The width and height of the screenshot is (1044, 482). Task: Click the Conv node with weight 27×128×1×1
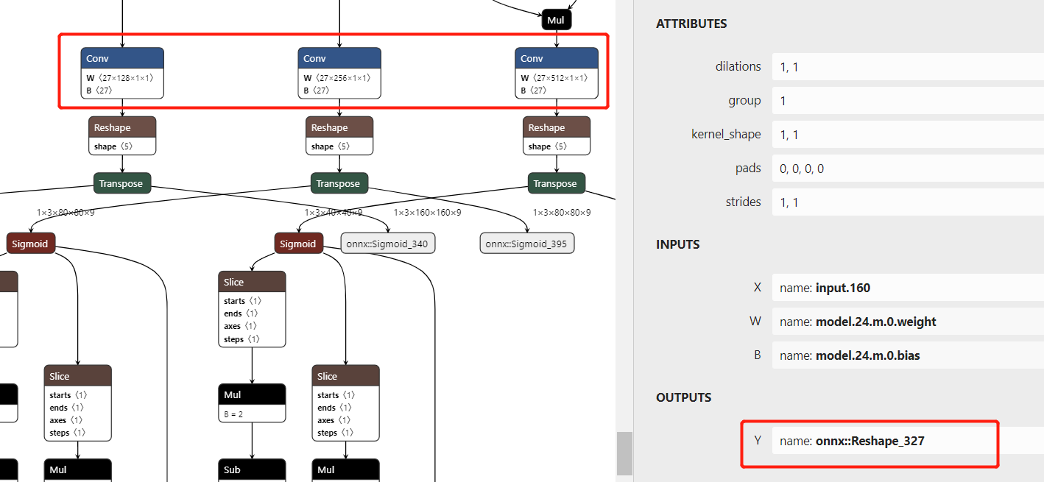tap(122, 73)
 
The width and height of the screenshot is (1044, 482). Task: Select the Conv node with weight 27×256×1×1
tap(339, 73)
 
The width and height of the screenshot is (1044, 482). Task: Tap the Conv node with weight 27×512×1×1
tap(557, 73)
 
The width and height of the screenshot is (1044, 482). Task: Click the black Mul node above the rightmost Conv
tap(556, 20)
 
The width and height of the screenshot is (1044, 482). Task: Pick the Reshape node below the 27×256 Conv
tap(339, 135)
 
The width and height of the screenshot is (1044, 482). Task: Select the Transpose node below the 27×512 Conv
tap(556, 183)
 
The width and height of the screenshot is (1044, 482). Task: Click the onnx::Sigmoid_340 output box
tap(388, 244)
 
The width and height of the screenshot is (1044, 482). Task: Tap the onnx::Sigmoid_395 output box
tap(527, 244)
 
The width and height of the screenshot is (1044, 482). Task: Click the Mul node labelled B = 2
tap(252, 403)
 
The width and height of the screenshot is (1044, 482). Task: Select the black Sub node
tap(252, 469)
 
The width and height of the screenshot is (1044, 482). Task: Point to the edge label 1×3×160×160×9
tap(427, 213)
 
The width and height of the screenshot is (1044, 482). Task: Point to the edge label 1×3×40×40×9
tap(334, 213)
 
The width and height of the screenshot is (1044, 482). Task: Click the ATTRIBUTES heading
tap(691, 24)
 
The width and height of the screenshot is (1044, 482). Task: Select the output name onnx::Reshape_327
tap(870, 442)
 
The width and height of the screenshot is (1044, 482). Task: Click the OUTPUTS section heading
tap(684, 397)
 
